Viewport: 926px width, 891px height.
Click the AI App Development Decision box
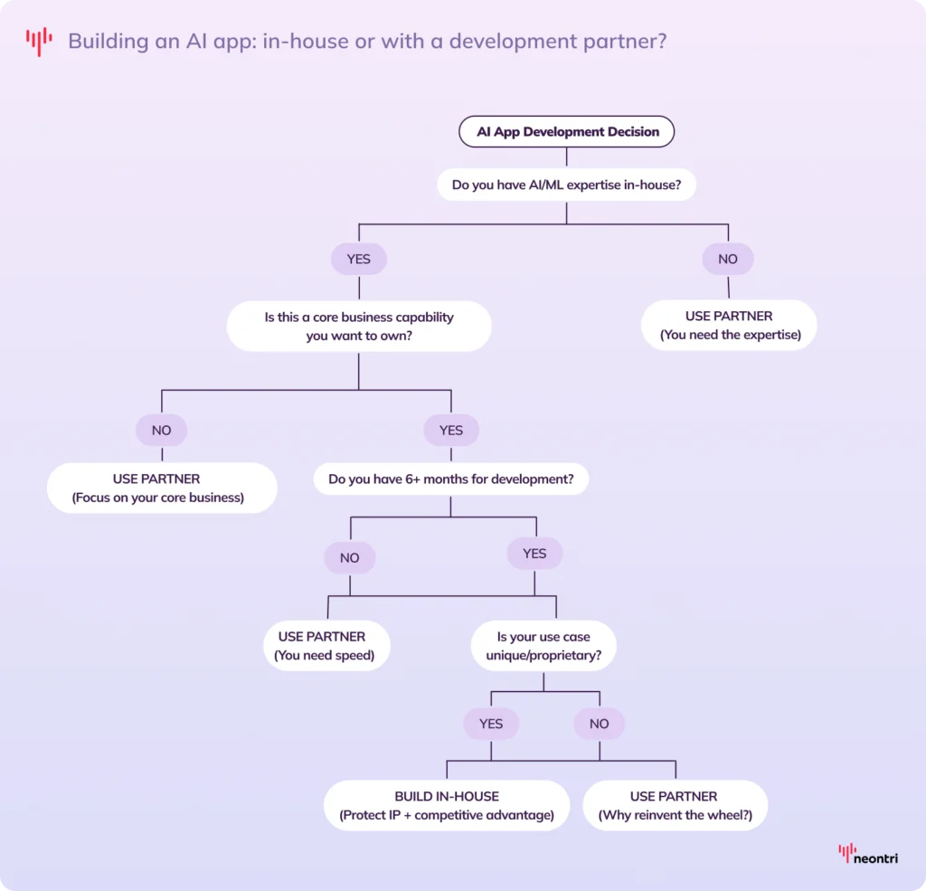(x=567, y=132)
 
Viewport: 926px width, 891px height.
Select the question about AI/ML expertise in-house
(x=567, y=185)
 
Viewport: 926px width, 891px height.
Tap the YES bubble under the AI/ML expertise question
(x=359, y=260)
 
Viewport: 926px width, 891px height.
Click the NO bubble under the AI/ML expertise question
(x=728, y=260)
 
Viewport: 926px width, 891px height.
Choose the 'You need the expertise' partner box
(x=729, y=326)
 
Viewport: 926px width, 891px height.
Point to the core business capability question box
(x=359, y=327)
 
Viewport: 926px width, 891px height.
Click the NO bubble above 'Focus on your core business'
(x=162, y=431)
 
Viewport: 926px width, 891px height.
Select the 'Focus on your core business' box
(x=162, y=488)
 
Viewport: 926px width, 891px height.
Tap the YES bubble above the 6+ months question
(x=450, y=431)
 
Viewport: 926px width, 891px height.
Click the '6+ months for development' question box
(x=450, y=479)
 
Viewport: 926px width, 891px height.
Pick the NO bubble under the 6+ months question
(x=350, y=558)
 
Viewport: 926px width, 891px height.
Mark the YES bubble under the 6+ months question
(x=534, y=554)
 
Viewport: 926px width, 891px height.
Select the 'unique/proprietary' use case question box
(x=543, y=646)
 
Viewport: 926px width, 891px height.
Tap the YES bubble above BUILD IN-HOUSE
(x=491, y=724)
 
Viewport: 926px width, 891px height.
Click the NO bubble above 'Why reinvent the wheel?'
(x=599, y=724)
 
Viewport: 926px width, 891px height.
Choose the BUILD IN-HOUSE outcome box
(x=447, y=805)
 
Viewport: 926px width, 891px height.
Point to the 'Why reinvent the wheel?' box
(x=675, y=805)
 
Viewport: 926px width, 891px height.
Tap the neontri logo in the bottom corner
(x=868, y=854)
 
